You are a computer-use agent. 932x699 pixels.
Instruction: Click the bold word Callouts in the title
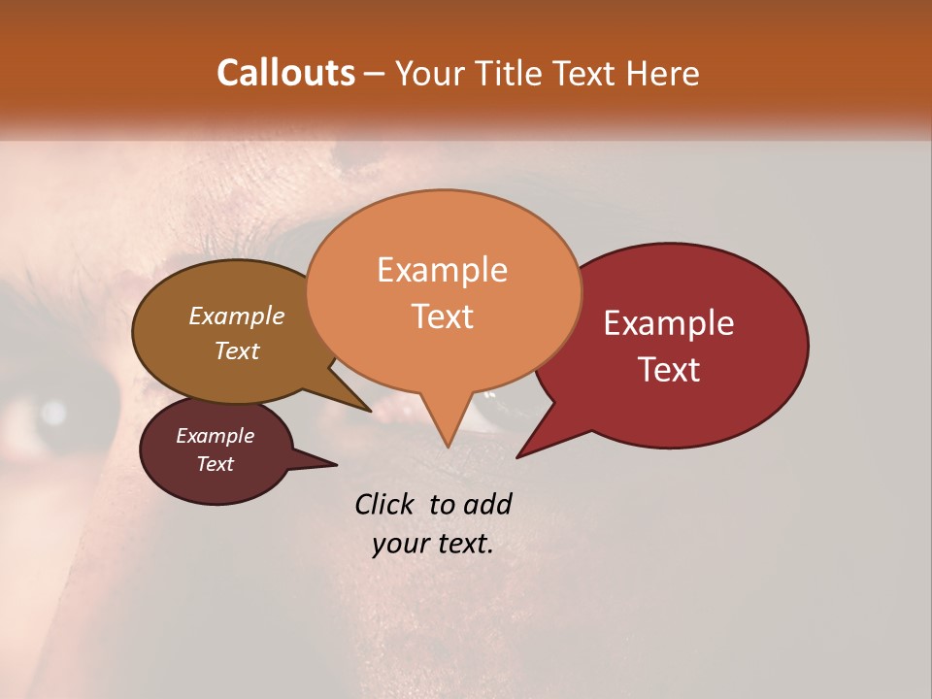(x=285, y=73)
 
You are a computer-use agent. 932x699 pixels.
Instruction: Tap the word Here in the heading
(x=662, y=73)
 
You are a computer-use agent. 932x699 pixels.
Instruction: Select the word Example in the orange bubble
(x=442, y=270)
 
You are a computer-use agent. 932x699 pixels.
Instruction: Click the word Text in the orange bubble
(x=442, y=316)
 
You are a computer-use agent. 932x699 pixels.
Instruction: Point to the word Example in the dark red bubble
(x=669, y=323)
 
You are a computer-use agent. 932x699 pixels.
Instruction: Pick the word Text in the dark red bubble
(x=669, y=370)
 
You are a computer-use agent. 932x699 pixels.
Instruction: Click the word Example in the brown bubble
(x=236, y=316)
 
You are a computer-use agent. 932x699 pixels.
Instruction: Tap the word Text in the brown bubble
(x=236, y=350)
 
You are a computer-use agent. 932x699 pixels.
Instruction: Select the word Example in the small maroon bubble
(x=215, y=436)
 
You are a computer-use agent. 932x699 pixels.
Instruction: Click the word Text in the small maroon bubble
(x=215, y=464)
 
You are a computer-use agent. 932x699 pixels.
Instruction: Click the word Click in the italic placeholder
(x=386, y=504)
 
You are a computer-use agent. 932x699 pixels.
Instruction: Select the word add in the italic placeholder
(x=487, y=504)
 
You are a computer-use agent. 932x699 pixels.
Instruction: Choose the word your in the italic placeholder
(x=399, y=544)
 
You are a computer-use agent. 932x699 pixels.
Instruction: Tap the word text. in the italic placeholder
(x=462, y=544)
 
